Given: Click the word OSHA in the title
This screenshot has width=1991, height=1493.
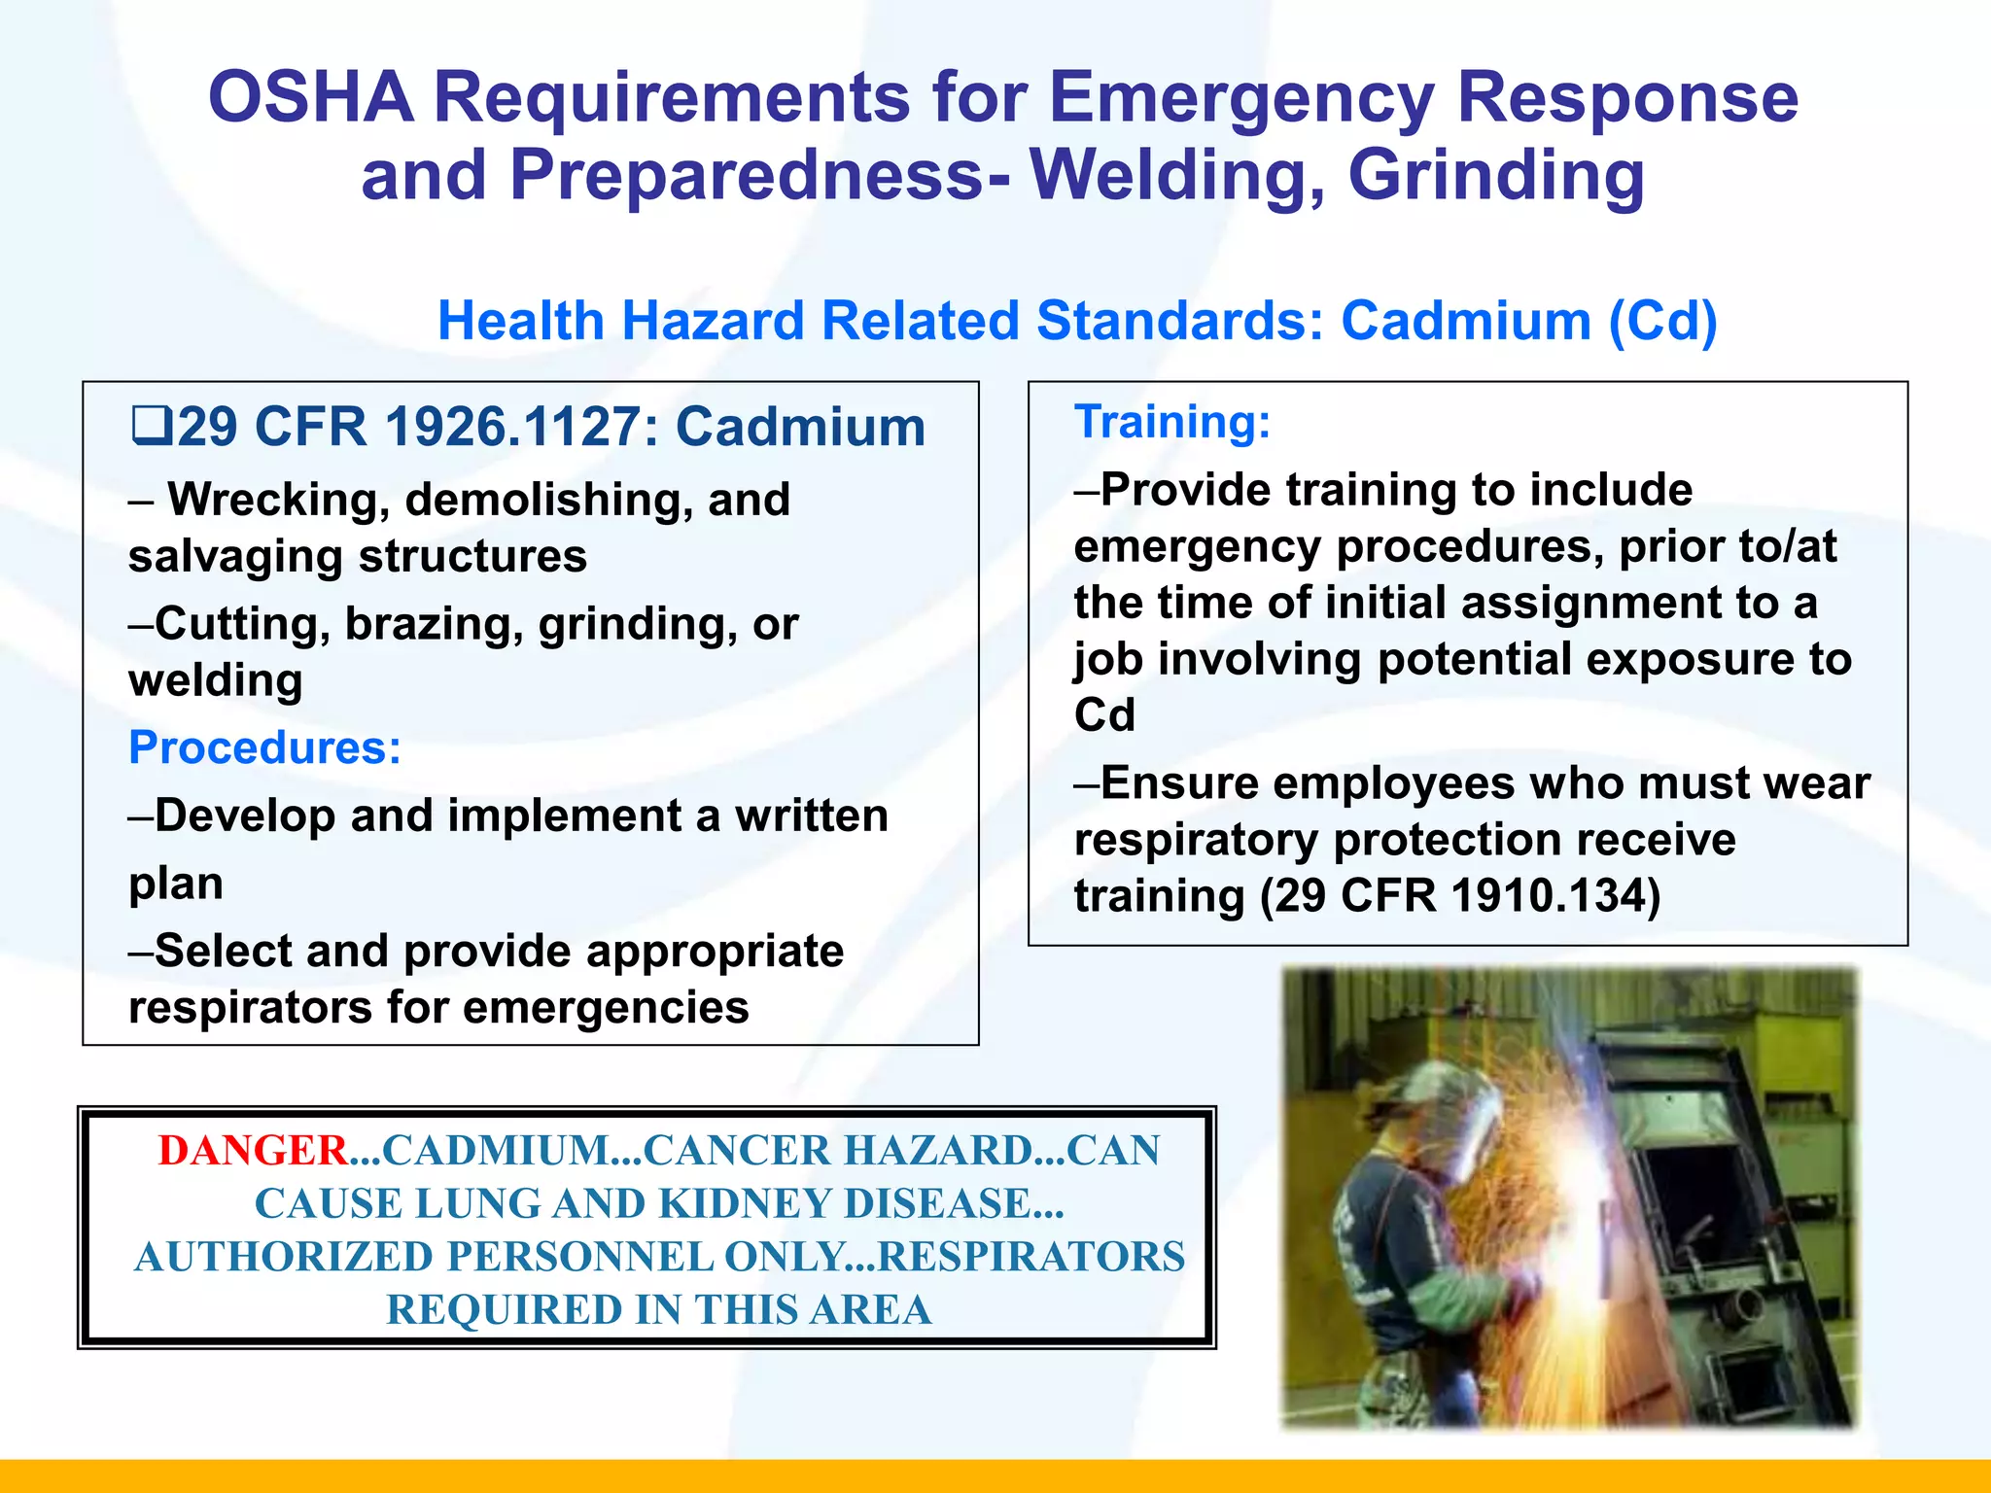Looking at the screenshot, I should pos(311,97).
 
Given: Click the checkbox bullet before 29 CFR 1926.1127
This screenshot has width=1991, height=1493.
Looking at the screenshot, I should pos(152,426).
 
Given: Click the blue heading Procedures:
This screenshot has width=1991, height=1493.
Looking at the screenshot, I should pos(264,747).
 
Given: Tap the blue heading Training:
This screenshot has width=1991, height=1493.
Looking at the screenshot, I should pos(1172,422).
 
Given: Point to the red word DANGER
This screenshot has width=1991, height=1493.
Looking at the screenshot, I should pos(253,1151).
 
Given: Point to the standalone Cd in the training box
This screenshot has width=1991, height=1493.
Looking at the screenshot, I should pos(1104,715).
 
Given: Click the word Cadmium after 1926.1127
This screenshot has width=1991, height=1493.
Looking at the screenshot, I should pos(800,428).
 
